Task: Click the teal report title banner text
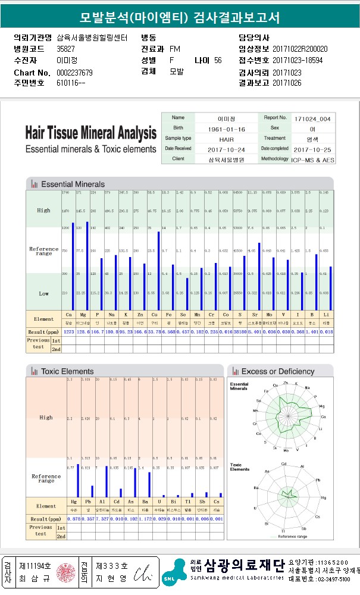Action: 180,17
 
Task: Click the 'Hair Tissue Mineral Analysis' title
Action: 91,133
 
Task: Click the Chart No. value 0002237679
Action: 74,73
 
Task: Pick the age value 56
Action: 218,61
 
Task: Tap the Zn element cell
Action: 137,315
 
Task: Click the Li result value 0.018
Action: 327,331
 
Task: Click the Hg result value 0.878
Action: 73,519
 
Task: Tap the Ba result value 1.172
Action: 145,519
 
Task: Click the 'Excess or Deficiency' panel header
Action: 278,371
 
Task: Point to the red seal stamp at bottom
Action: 63,572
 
